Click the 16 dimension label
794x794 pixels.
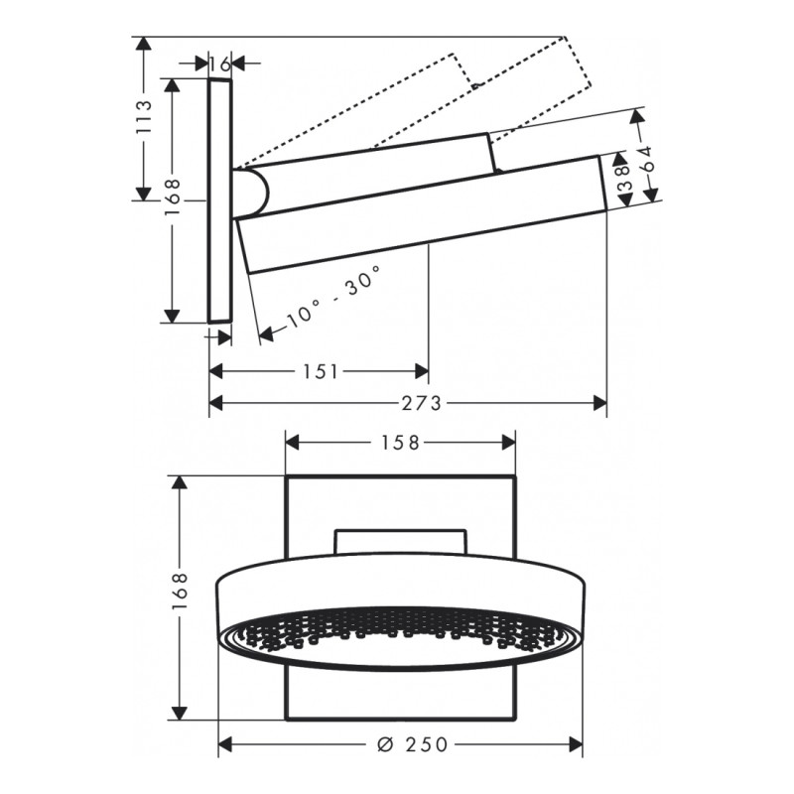[x=220, y=64]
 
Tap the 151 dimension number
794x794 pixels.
[x=319, y=371]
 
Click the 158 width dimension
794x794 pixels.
[x=401, y=441]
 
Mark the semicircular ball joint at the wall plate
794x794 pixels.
[x=250, y=193]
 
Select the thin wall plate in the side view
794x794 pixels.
[x=219, y=198]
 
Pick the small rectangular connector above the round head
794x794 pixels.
[x=400, y=540]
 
